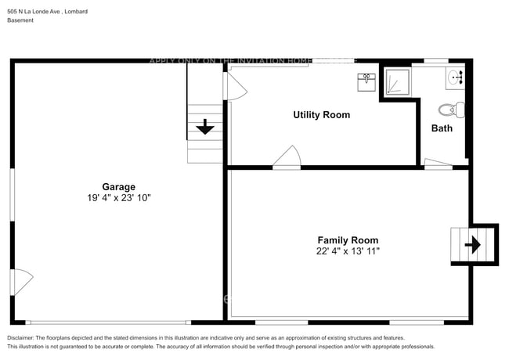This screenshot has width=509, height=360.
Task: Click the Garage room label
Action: click(118, 186)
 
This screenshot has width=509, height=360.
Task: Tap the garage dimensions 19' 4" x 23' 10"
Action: click(118, 198)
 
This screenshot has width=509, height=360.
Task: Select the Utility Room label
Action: click(321, 115)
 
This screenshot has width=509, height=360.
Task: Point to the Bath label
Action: click(442, 128)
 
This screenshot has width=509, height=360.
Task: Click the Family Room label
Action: click(347, 240)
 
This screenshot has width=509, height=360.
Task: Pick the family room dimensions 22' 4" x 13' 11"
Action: click(347, 251)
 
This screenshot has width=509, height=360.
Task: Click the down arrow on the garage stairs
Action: click(206, 127)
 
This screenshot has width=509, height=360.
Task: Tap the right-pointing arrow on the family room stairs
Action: click(473, 245)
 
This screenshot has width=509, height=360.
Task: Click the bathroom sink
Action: click(457, 77)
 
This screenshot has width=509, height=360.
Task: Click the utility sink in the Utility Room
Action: click(366, 81)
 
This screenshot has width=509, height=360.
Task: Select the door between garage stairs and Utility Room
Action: click(234, 86)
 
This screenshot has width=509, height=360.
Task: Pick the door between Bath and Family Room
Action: click(438, 163)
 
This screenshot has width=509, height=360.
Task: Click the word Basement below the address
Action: click(20, 20)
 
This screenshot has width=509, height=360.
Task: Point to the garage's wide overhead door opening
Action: click(107, 322)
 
